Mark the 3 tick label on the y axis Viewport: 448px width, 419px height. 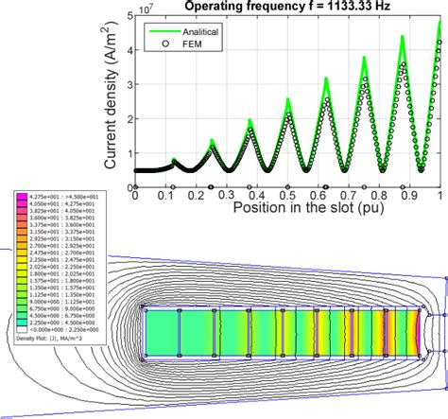coord(124,83)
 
